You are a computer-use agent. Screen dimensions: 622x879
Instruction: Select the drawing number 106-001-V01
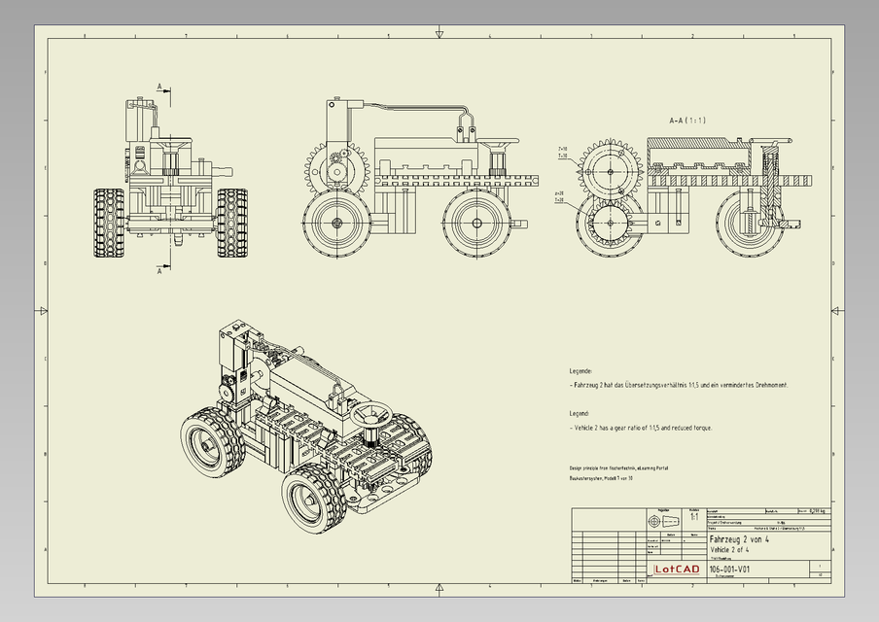point(729,570)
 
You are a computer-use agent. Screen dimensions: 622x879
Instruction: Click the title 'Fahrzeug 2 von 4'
point(742,539)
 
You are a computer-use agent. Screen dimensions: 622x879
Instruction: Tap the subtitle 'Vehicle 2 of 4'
point(735,550)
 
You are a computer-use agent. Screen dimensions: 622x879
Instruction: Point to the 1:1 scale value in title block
point(693,518)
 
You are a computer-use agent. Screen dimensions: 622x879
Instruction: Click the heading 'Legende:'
point(580,371)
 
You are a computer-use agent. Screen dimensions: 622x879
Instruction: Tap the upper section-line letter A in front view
point(159,87)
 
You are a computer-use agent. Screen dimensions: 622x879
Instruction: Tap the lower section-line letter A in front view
point(159,272)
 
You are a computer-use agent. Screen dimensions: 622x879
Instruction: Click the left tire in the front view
point(109,223)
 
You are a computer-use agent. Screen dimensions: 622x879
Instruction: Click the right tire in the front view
point(231,223)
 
